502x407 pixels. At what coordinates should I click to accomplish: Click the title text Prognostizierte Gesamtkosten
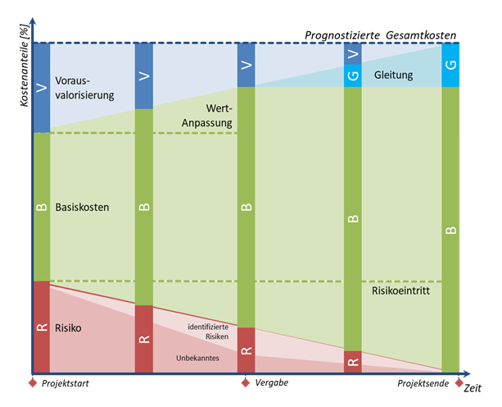click(x=380, y=35)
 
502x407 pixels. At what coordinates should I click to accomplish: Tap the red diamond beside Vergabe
click(x=245, y=382)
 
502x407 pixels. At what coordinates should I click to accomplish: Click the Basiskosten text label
click(x=83, y=207)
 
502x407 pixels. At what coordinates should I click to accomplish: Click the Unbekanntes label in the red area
click(x=197, y=358)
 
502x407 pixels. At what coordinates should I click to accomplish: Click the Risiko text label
click(x=70, y=327)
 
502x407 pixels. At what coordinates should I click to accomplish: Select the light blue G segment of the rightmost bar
click(x=450, y=66)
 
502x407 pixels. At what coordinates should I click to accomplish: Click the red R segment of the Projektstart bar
click(x=42, y=326)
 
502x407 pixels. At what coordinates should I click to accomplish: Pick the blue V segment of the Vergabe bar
click(x=246, y=65)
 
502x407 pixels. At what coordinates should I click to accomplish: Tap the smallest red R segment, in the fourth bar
click(x=353, y=361)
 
